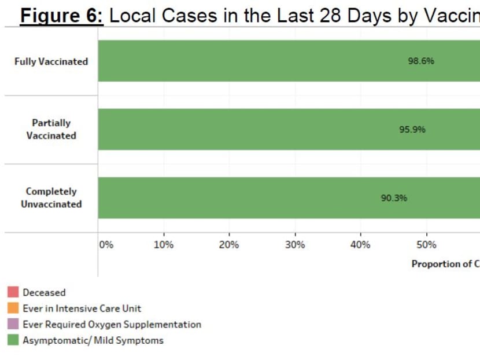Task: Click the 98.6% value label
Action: [x=421, y=61]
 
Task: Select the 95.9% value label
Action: [x=412, y=129]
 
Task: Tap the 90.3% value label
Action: [x=394, y=198]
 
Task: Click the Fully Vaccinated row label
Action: [x=51, y=61]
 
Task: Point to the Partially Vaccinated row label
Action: [x=51, y=129]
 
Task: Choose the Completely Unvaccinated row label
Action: [x=51, y=197]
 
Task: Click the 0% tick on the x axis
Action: [x=106, y=245]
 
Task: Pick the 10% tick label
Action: [x=164, y=245]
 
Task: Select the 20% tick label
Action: [x=229, y=245]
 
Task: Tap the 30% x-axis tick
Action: [x=295, y=245]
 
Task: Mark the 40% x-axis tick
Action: [x=360, y=245]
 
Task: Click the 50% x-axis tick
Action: [x=426, y=245]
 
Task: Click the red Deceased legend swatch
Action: [x=13, y=292]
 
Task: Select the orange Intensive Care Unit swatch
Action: [x=13, y=308]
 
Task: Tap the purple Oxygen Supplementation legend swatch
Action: [x=13, y=325]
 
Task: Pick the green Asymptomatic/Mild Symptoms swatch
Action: [x=13, y=340]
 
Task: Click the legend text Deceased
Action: [x=44, y=293]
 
